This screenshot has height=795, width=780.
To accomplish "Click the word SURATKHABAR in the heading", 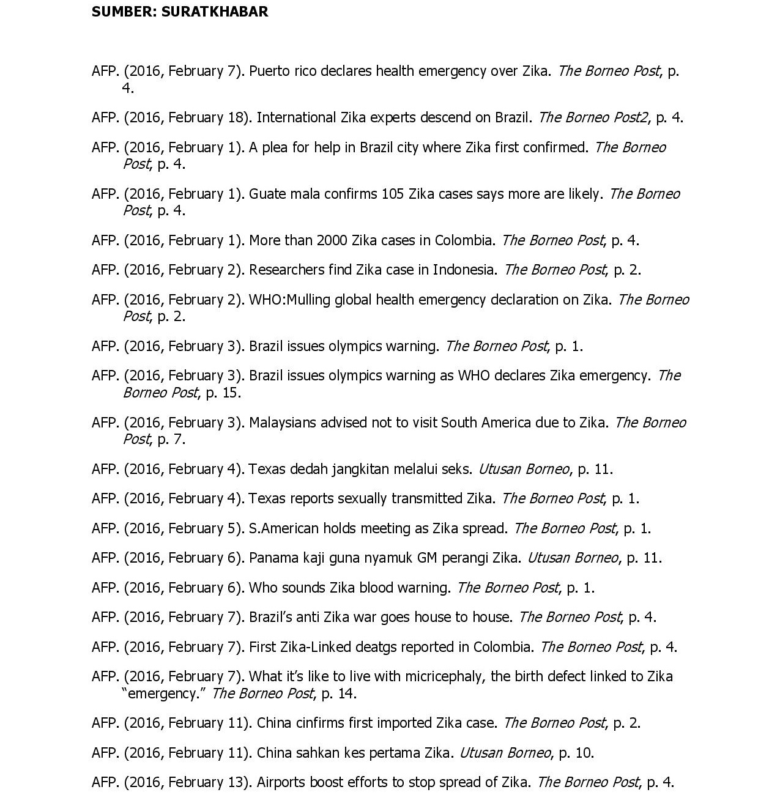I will coord(214,12).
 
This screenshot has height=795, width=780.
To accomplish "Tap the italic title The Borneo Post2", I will coord(592,117).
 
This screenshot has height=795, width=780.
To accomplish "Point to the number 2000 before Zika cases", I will coord(332,240).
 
